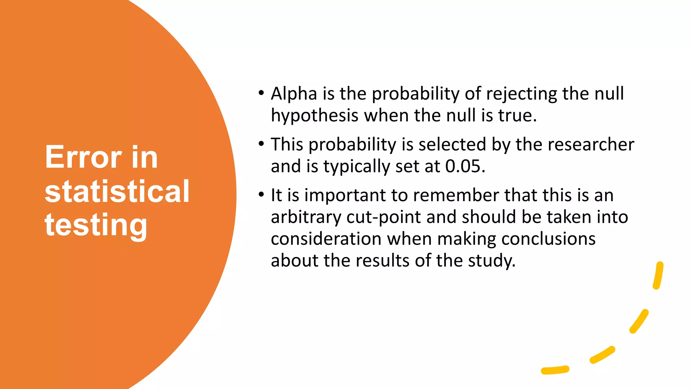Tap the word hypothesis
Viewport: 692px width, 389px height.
coord(314,116)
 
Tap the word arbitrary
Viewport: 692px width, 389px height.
coord(306,217)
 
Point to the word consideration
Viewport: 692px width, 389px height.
coord(326,239)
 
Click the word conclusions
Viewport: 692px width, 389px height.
coord(548,239)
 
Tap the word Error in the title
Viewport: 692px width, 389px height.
coord(83,157)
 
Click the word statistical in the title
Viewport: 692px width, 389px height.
coord(117,191)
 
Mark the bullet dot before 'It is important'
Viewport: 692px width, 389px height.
coord(261,195)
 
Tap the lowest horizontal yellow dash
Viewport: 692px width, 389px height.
coord(555,370)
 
